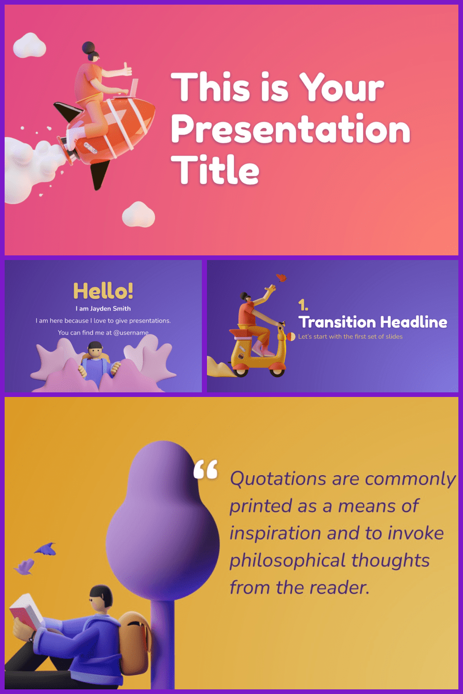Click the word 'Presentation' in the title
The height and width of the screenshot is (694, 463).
[x=291, y=130]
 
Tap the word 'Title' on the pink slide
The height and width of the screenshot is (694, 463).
[x=215, y=169]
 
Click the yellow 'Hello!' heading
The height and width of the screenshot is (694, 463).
[x=103, y=291]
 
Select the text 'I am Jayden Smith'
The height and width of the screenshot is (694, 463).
[x=103, y=309]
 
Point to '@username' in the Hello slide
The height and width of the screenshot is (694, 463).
[x=131, y=333]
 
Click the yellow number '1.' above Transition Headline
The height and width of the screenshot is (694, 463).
[x=303, y=305]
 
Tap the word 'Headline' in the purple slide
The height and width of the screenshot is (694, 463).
[x=414, y=322]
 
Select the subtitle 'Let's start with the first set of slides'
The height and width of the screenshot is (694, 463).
[x=350, y=336]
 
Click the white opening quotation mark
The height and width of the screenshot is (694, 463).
[x=206, y=470]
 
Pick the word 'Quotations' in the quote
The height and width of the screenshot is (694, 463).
[x=278, y=478]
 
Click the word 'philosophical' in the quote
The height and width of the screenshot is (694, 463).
[x=288, y=560]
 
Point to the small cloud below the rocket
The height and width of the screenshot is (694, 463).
[x=138, y=214]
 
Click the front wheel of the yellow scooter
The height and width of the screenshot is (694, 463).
[x=277, y=369]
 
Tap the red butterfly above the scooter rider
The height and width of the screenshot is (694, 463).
[x=282, y=278]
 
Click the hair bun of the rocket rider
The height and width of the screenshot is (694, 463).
[x=88, y=48]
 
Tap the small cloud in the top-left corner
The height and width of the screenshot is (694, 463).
[x=30, y=45]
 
